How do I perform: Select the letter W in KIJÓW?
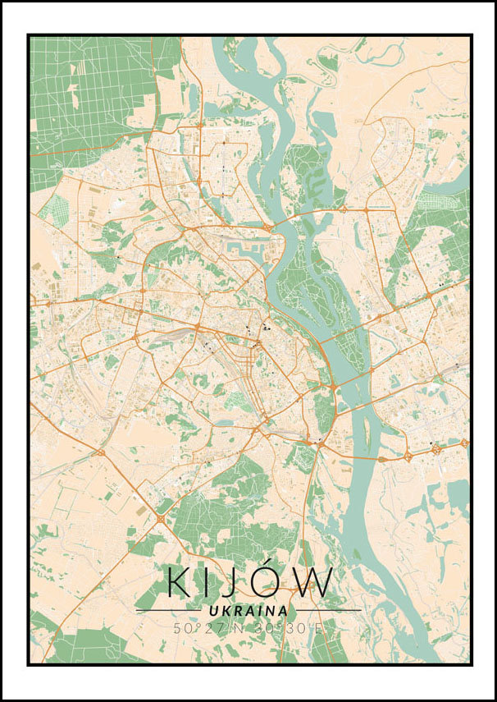(315, 582)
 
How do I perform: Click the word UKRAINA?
(248, 611)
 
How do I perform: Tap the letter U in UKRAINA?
(213, 611)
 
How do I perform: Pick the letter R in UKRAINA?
(237, 611)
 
